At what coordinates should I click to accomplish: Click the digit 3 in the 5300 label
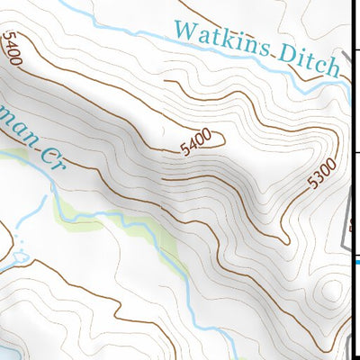click(x=319, y=177)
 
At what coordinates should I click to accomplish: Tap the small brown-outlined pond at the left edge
click(x=20, y=261)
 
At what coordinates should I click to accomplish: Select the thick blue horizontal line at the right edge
click(x=356, y=262)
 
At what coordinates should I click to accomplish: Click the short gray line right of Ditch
click(x=346, y=65)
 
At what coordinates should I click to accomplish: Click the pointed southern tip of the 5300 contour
click(x=285, y=241)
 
